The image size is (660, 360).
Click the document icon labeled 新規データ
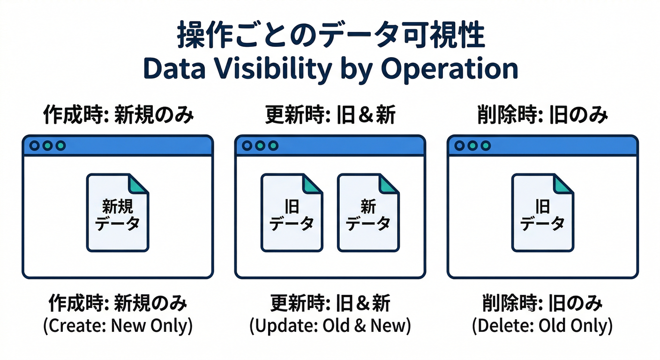[x=118, y=213]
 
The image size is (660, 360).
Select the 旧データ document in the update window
[x=292, y=213]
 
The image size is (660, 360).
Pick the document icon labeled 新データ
[x=368, y=213]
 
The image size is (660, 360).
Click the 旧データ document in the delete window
[x=542, y=213]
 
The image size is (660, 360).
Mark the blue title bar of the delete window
[x=562, y=146]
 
